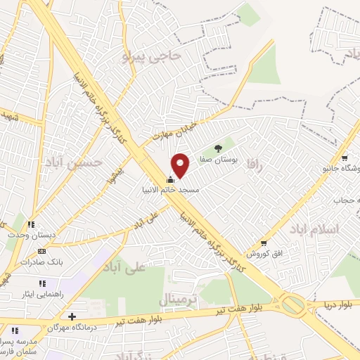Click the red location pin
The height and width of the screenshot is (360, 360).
[181, 165]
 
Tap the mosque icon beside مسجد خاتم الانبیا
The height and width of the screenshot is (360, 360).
[169, 179]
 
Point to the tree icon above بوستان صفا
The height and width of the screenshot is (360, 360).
[219, 148]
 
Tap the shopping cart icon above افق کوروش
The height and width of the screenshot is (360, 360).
[264, 243]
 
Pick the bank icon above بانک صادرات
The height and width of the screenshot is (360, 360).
[41, 251]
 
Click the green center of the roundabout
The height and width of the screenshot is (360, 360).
[292, 304]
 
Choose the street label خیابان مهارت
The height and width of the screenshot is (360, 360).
[169, 127]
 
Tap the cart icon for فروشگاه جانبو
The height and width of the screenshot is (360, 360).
[344, 158]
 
